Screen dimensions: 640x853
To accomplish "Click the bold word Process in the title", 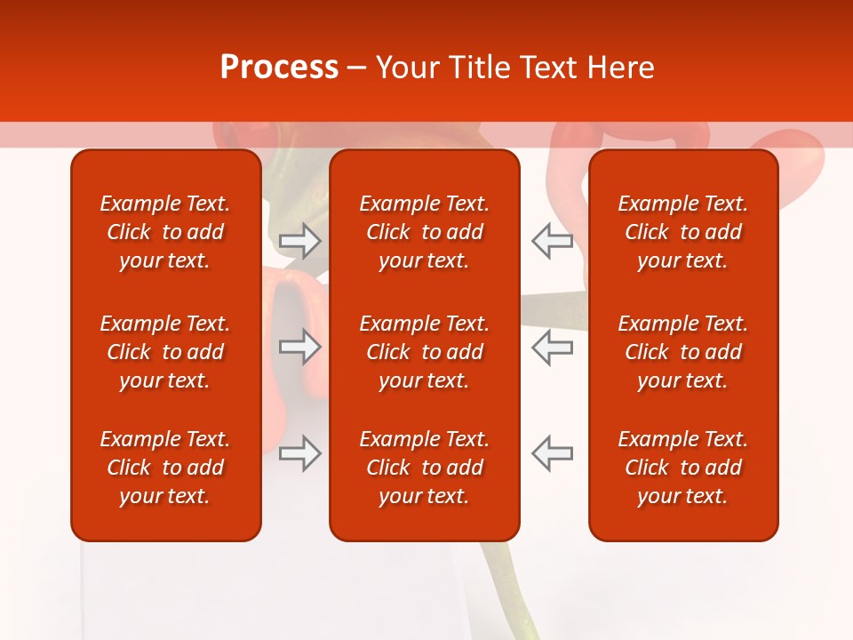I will point(279,68).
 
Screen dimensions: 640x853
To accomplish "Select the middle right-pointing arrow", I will point(299,347).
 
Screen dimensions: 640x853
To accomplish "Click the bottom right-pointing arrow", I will point(299,453).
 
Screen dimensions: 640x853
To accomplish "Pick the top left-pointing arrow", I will point(552,240).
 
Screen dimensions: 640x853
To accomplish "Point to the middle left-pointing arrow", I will point(552,347).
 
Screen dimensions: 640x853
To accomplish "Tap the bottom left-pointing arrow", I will point(552,453).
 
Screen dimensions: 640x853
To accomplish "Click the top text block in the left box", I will point(165,232).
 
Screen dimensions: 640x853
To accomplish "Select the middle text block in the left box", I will point(165,352).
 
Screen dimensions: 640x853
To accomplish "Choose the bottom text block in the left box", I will point(165,468).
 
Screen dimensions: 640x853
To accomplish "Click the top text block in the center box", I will point(424,232).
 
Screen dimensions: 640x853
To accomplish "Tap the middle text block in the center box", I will point(424,352).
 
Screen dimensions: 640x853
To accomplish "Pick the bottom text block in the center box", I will point(424,468).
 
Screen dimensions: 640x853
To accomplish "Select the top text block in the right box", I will point(682,232).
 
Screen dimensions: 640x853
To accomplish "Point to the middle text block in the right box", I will point(682,352).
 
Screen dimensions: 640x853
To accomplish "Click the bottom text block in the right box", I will point(682,468).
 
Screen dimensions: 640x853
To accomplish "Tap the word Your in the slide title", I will point(408,68).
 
